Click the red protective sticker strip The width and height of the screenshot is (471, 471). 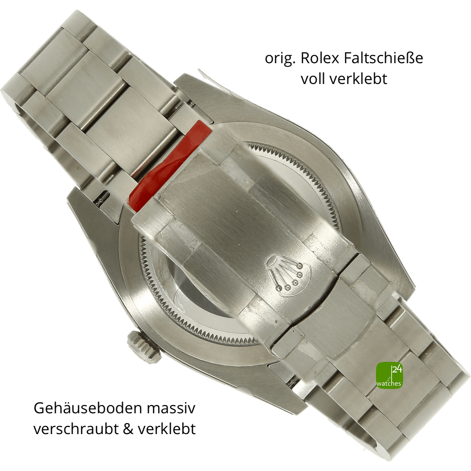[169, 166]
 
